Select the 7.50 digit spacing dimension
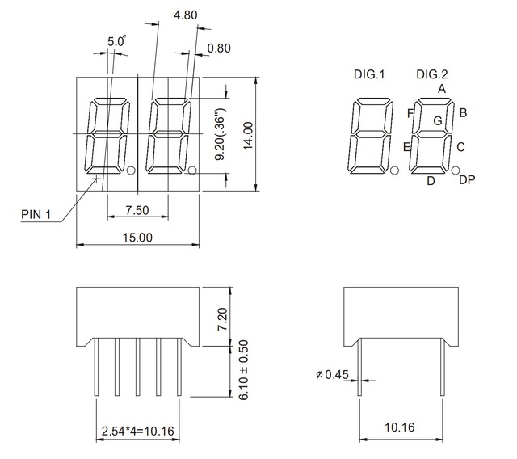tap(137, 210)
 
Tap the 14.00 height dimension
tap(248, 134)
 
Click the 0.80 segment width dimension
tap(219, 48)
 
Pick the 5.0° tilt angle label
tap(117, 40)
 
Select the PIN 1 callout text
tap(36, 214)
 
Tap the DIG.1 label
tap(369, 75)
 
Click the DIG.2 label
tap(432, 75)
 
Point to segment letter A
tap(442, 88)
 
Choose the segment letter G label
tap(437, 120)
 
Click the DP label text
tap(466, 180)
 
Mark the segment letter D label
tap(431, 181)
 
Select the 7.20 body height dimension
tap(224, 315)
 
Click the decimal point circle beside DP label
tap(456, 171)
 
